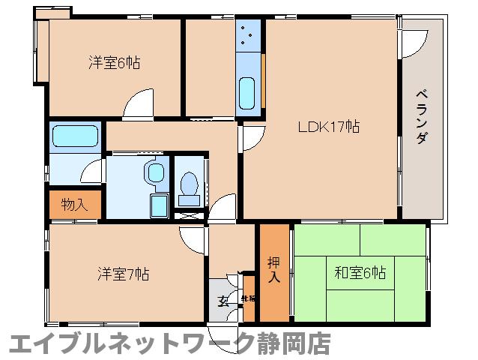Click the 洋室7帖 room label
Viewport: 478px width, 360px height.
[122, 274]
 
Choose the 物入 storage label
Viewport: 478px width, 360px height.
[74, 204]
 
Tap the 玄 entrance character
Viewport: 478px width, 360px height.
[223, 301]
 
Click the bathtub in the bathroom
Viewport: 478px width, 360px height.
[75, 137]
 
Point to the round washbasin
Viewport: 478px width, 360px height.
[156, 173]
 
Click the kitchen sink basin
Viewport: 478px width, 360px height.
[248, 91]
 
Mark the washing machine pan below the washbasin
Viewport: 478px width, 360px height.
[159, 205]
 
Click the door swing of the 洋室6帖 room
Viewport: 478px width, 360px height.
[137, 105]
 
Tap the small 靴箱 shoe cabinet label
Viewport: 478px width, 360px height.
[248, 299]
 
